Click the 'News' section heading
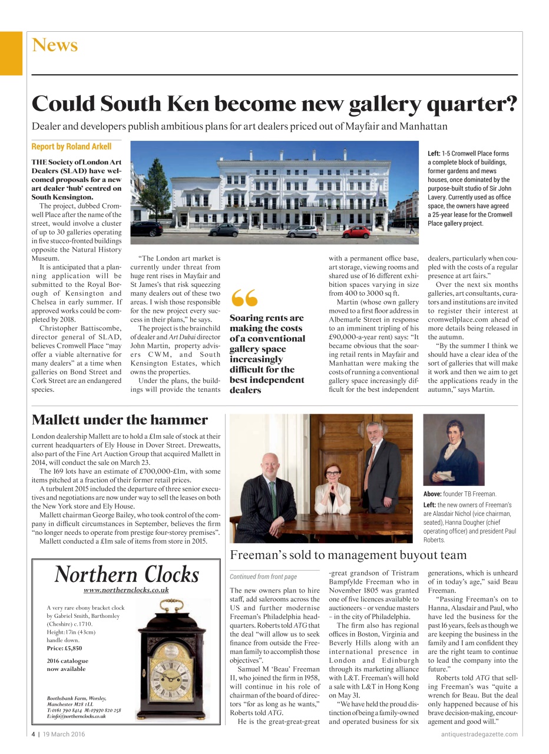55,45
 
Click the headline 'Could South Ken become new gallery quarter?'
274,104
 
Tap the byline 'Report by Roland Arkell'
71,147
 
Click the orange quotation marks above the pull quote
244,299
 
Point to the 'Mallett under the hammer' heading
120,420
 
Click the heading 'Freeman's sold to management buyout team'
348,555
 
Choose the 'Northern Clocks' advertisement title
127,574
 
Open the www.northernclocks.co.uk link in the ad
126,590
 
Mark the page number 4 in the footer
34,734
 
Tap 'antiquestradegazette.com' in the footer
479,734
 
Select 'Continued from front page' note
263,577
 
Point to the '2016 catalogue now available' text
66,664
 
